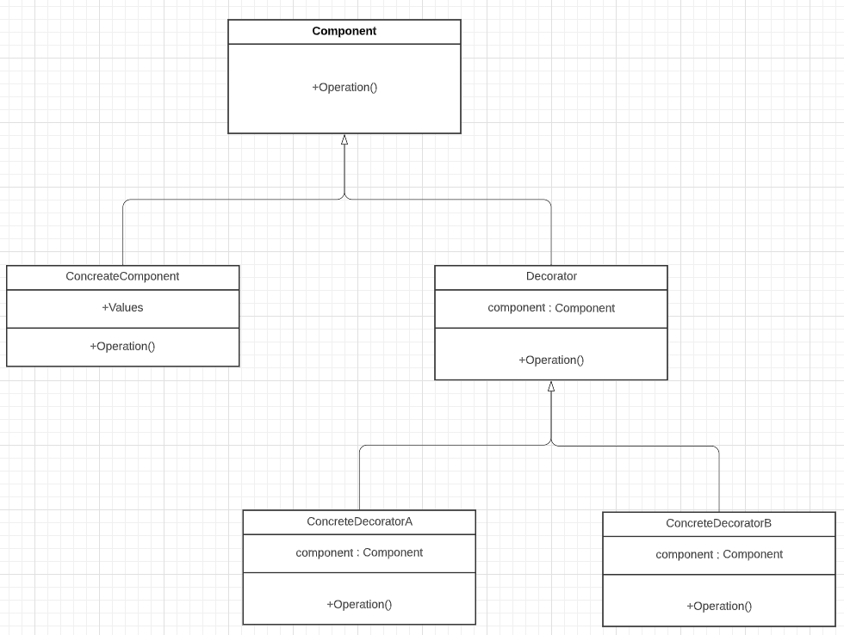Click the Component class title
click(344, 31)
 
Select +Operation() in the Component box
click(344, 87)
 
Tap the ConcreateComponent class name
click(122, 276)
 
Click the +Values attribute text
click(122, 307)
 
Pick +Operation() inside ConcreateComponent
click(122, 346)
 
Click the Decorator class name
click(551, 276)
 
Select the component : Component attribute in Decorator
click(551, 308)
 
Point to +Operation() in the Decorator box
click(551, 361)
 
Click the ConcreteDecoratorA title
click(360, 521)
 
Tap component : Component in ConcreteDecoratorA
click(360, 552)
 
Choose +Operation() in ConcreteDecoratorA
click(360, 604)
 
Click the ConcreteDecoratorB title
click(718, 523)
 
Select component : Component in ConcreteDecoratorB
click(719, 554)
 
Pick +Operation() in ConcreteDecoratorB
click(719, 606)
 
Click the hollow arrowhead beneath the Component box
click(344, 139)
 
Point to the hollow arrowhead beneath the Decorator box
click(551, 386)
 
